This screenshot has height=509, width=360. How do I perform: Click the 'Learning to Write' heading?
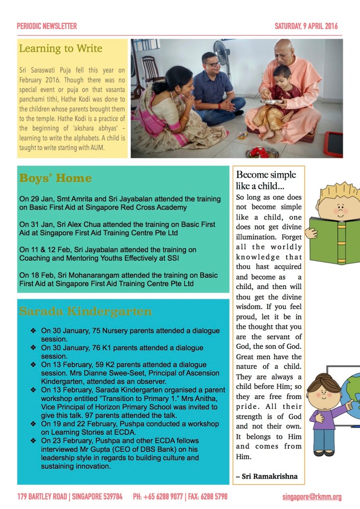[60, 49]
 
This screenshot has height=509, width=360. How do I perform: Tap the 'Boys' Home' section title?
[55, 178]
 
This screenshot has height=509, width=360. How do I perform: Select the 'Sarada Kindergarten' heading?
[85, 311]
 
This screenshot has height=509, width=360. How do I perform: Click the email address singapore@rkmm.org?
[312, 496]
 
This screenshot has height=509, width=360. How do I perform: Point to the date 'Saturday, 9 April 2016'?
[306, 26]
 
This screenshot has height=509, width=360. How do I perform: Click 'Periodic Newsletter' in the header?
[47, 26]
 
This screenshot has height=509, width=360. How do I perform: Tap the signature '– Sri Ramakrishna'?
[267, 476]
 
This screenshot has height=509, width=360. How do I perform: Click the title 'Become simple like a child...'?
[266, 180]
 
